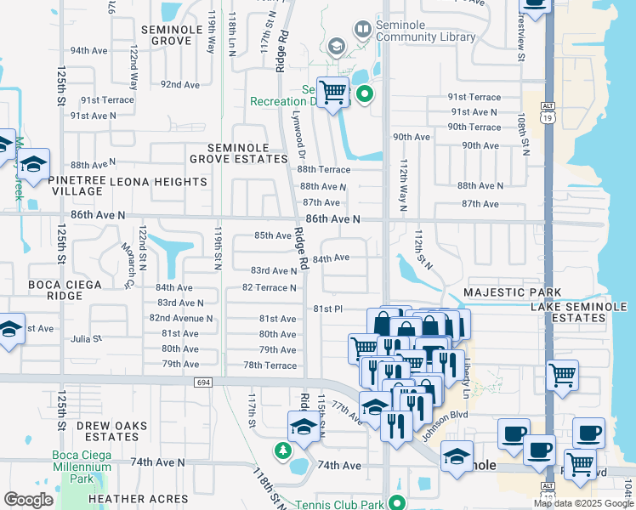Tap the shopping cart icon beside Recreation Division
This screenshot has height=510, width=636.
(x=333, y=91)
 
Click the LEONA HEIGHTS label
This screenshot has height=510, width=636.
(x=168, y=182)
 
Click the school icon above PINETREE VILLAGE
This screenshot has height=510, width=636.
(x=33, y=166)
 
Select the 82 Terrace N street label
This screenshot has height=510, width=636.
(x=270, y=287)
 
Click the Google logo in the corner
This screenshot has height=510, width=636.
(x=28, y=500)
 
